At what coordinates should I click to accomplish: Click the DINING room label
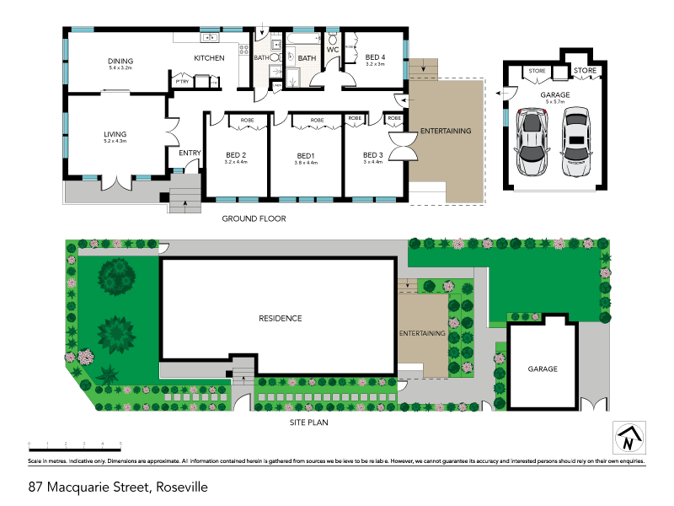(x=120, y=61)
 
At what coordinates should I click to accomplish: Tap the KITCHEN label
(x=209, y=58)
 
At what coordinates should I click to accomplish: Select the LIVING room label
(x=115, y=133)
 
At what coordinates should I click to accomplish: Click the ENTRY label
(x=190, y=153)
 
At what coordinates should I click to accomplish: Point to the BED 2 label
(x=236, y=155)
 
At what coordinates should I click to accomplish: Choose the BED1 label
(x=306, y=155)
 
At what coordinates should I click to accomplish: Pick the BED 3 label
(x=372, y=155)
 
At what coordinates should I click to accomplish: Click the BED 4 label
(x=375, y=57)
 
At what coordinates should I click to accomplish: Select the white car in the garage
(x=576, y=142)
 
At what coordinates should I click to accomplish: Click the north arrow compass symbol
(x=626, y=438)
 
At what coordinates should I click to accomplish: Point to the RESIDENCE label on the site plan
(x=280, y=319)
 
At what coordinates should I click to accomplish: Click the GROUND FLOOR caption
(x=254, y=218)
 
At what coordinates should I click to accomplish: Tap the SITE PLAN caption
(x=308, y=422)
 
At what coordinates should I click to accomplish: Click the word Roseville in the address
(x=179, y=487)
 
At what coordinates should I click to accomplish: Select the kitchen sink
(x=210, y=37)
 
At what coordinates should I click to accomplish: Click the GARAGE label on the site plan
(x=543, y=369)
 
